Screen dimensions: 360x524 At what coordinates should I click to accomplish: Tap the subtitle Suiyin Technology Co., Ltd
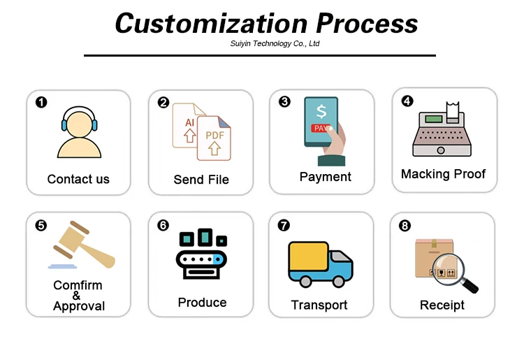click(x=275, y=43)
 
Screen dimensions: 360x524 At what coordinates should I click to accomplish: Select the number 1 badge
click(x=41, y=103)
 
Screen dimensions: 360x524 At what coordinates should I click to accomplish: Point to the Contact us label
click(x=78, y=179)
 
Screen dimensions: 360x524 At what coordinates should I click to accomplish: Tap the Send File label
click(x=201, y=180)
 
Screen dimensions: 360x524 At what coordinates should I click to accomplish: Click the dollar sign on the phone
click(x=321, y=111)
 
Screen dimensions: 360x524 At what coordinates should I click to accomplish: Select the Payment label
click(x=325, y=177)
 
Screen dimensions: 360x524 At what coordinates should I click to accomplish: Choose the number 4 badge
click(x=407, y=101)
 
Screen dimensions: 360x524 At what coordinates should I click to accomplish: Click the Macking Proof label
click(x=443, y=174)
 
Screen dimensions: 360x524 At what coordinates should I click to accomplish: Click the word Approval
click(x=79, y=306)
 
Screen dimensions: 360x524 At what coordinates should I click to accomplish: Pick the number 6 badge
click(x=163, y=225)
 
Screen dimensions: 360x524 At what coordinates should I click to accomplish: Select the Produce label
click(x=202, y=303)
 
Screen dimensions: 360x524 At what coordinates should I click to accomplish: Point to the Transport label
click(x=319, y=305)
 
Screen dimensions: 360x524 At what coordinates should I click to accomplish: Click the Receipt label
click(x=442, y=305)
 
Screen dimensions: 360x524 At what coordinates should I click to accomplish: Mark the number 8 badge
click(x=405, y=226)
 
